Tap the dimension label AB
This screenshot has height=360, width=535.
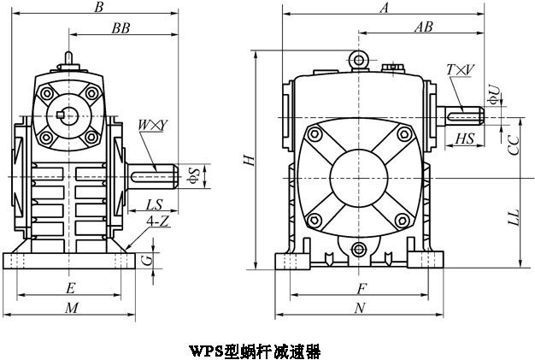[423, 27]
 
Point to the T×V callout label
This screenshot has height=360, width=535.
[460, 68]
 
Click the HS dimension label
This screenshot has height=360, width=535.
[465, 138]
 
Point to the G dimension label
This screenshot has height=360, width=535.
[147, 259]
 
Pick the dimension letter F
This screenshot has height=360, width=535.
[362, 287]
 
